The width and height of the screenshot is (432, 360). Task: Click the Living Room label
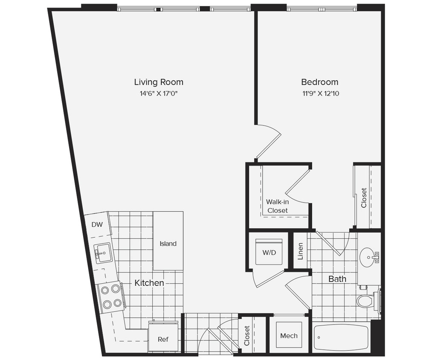click(159, 82)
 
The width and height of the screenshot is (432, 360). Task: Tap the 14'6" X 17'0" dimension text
click(159, 93)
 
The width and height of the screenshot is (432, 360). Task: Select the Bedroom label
click(319, 82)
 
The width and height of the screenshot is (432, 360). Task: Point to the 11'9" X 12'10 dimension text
click(319, 93)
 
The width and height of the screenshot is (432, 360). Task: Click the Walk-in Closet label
click(277, 206)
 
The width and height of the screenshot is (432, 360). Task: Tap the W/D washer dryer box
click(269, 252)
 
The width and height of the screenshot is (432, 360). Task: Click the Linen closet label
click(300, 251)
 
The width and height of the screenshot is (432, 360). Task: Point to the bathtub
click(341, 338)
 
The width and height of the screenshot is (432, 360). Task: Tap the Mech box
click(289, 336)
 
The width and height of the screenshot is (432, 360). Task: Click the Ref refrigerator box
click(162, 339)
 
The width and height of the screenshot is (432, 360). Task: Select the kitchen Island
click(168, 244)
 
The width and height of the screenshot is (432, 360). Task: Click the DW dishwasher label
click(97, 224)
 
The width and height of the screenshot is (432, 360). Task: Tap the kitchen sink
click(103, 253)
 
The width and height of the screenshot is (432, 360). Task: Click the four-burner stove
click(110, 297)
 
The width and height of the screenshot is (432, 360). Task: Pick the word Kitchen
click(149, 283)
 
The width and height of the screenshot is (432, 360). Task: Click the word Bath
click(337, 279)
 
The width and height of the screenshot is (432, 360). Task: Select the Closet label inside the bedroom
click(364, 197)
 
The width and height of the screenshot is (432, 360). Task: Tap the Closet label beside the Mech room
click(247, 336)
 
